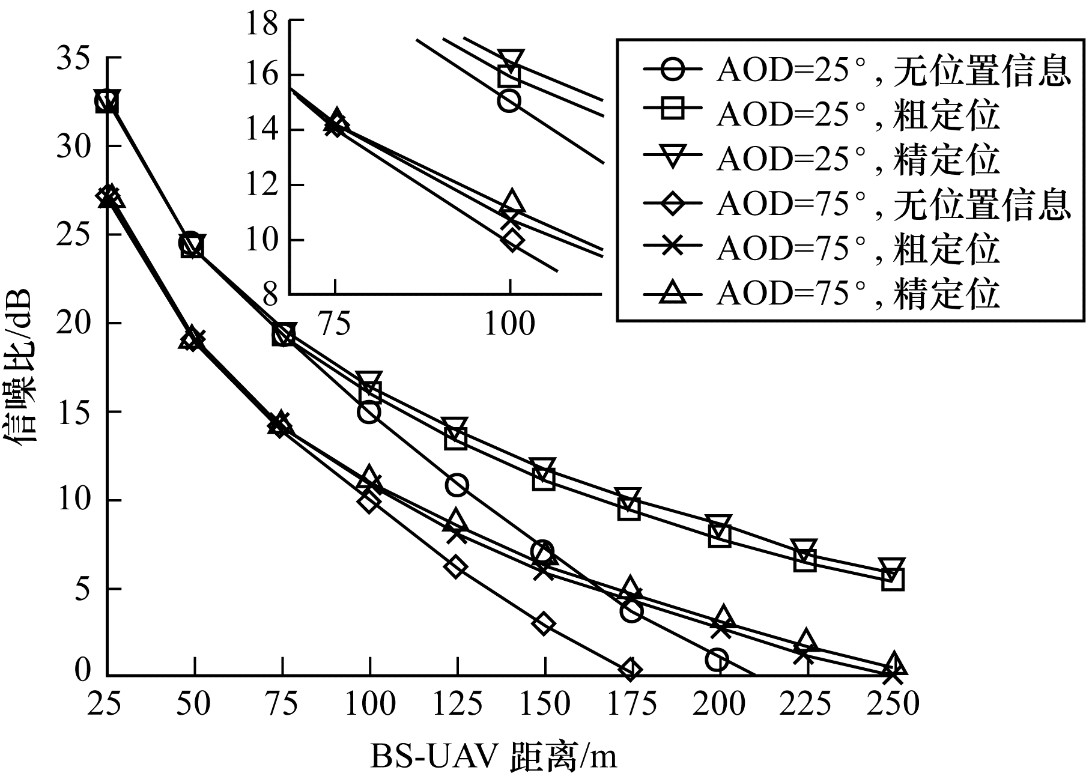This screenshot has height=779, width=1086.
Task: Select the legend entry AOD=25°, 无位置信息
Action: click(x=857, y=71)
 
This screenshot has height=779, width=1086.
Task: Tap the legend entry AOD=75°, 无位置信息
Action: click(x=857, y=204)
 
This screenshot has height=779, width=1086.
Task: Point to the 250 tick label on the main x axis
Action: click(x=893, y=704)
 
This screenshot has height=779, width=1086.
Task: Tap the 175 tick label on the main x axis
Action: click(x=630, y=704)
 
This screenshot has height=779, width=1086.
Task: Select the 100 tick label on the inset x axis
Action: click(x=509, y=324)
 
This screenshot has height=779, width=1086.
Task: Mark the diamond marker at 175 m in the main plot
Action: click(x=630, y=670)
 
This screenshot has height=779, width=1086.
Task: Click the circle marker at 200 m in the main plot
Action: click(x=718, y=659)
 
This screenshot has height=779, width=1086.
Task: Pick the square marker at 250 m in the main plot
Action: click(x=893, y=579)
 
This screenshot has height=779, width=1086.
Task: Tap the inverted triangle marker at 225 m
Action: click(x=805, y=549)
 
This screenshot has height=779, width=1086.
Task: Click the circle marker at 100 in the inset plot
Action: click(x=509, y=101)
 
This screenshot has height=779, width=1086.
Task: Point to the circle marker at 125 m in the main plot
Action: click(x=457, y=485)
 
